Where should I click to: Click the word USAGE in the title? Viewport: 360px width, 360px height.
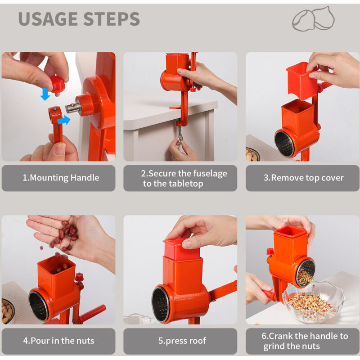[48, 19]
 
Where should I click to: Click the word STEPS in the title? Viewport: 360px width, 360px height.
[112, 19]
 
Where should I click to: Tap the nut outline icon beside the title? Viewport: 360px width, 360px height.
[313, 19]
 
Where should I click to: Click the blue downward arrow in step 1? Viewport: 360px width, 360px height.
[45, 94]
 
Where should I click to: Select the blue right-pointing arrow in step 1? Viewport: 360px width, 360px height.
[63, 120]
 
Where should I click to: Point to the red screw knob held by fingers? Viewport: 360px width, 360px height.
[57, 85]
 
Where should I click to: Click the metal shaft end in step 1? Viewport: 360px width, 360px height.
[73, 108]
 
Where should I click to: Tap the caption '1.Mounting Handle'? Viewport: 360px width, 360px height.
[61, 178]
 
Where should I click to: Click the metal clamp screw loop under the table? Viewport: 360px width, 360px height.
[180, 137]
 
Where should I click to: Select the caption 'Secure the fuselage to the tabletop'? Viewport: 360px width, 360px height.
[184, 178]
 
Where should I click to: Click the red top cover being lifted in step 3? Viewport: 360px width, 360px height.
[302, 81]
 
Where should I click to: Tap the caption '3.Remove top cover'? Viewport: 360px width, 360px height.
[303, 178]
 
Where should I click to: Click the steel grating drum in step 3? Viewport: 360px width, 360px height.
[284, 144]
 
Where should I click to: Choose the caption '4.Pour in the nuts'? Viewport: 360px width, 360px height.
[58, 341]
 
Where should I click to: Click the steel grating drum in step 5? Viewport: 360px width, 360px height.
[161, 304]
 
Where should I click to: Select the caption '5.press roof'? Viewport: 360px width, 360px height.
[182, 341]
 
